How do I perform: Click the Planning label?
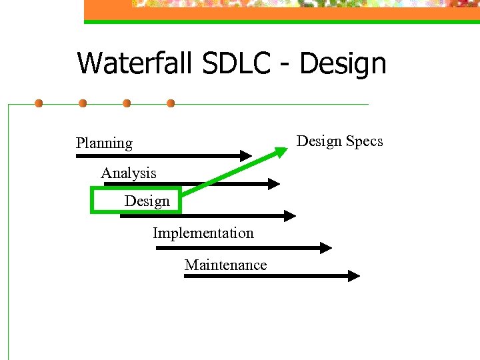tap(104, 143)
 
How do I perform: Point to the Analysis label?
tap(129, 173)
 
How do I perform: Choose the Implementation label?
tap(203, 233)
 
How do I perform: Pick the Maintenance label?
tap(225, 265)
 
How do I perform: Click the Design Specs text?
tap(340, 141)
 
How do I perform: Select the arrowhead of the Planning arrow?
tap(246, 156)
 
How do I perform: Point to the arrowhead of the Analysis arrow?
tap(274, 183)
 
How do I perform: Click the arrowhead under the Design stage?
tap(289, 215)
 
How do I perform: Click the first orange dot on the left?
tap(39, 104)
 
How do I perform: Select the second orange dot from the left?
tap(83, 104)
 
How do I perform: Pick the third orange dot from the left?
tap(127, 104)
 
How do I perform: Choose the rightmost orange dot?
tap(171, 104)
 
